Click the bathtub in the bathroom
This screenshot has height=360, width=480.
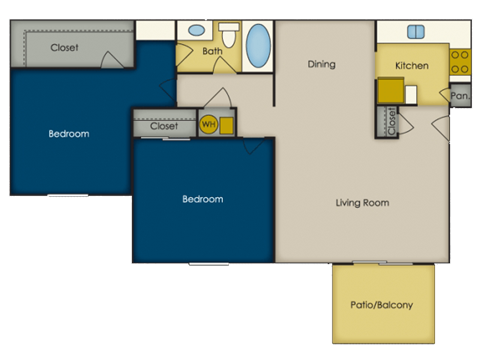[x=258, y=45]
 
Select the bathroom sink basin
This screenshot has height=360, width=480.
[x=196, y=30]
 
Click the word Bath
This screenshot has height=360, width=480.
[x=212, y=50]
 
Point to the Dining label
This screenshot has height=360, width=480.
[x=322, y=65]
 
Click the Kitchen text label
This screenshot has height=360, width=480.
[x=412, y=66]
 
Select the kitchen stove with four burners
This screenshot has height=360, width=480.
[x=460, y=61]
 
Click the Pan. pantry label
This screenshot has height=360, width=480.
[x=460, y=96]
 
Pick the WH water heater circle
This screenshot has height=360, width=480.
[x=209, y=125]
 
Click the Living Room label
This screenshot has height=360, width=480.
[x=362, y=203]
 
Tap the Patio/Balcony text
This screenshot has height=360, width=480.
[x=382, y=305]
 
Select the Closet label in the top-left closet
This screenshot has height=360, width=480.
[x=64, y=46]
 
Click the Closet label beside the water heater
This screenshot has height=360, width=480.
[x=164, y=126]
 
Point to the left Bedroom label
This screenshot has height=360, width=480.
[x=69, y=133]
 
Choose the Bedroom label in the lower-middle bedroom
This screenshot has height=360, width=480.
[x=203, y=199]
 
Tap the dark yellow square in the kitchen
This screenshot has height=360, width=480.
[x=388, y=91]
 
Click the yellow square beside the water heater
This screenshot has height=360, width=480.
[x=227, y=125]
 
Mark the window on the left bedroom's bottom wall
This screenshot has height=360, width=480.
[x=68, y=195]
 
